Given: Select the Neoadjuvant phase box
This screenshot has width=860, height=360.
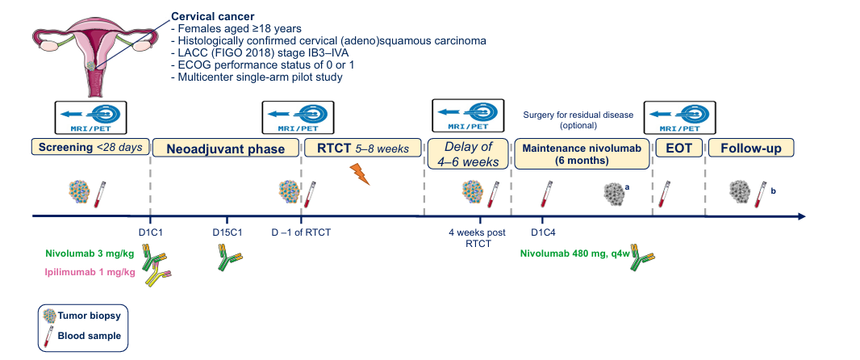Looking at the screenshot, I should pyautogui.click(x=226, y=149).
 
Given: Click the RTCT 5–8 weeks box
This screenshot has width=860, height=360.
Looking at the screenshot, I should pyautogui.click(x=362, y=148).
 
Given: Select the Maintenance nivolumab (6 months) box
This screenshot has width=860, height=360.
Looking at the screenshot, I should pyautogui.click(x=582, y=153).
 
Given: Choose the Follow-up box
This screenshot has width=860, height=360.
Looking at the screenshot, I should pyautogui.click(x=750, y=149).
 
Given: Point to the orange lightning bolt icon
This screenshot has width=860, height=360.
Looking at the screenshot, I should pyautogui.click(x=359, y=174).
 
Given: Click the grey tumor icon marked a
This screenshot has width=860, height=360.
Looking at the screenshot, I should pyautogui.click(x=615, y=193).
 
